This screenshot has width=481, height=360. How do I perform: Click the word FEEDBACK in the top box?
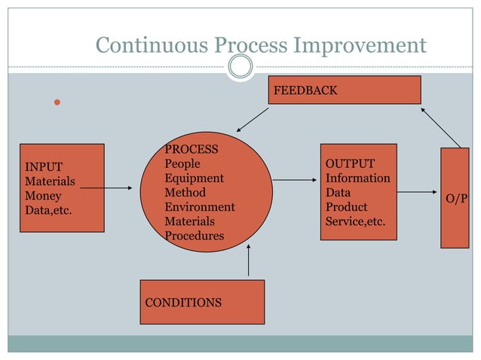pos(305,90)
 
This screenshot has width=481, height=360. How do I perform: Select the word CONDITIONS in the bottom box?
pos(183,303)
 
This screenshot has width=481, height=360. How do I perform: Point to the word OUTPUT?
pos(350,164)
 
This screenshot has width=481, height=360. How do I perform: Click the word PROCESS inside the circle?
pos(191,149)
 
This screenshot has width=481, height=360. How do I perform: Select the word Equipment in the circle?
pos(194,178)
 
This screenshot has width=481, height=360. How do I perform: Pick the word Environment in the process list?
pos(200,207)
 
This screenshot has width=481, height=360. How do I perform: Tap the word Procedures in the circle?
pos(195,236)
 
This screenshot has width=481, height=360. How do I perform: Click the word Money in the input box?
pos(44,196)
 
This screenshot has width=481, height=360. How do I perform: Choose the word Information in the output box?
pos(357,178)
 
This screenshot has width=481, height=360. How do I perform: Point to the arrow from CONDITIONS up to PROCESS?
pos(248,261)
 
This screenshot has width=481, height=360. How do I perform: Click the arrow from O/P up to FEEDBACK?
pos(440,127)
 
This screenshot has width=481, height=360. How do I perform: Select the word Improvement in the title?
pos(360,46)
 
